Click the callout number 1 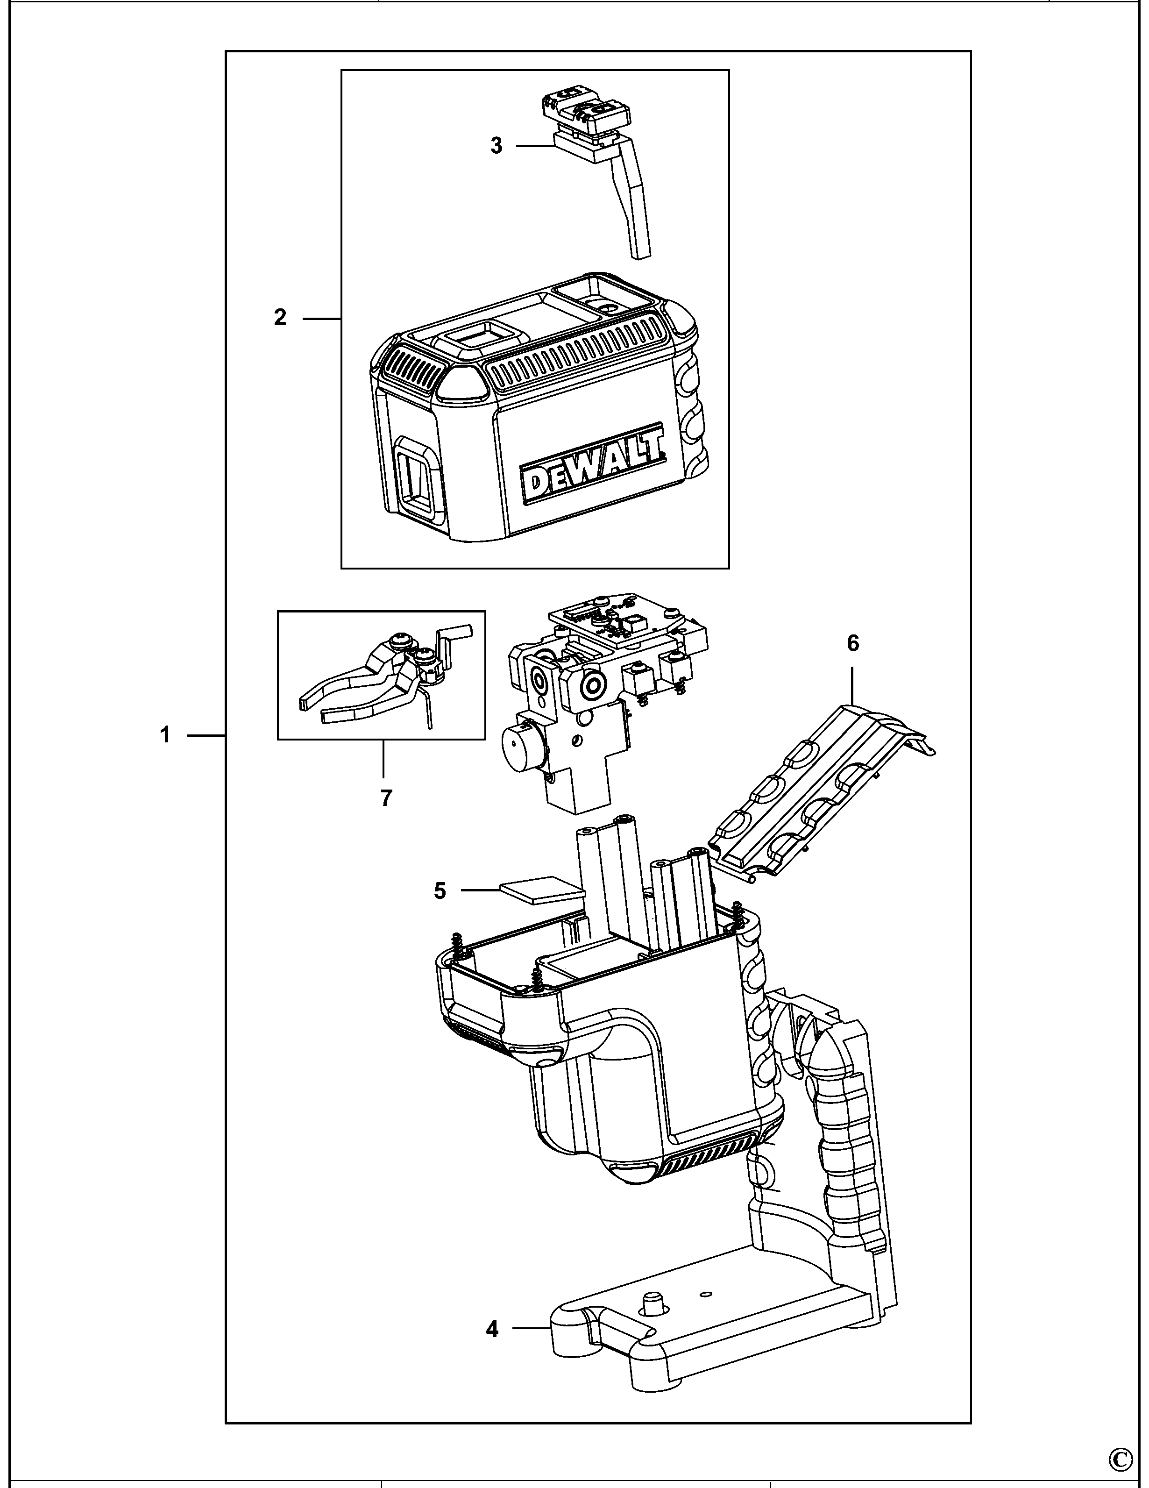pos(165,735)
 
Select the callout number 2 pos(280,318)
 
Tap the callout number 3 pos(496,145)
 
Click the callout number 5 pos(440,890)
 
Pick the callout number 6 pos(853,643)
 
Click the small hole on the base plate pos(706,1293)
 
